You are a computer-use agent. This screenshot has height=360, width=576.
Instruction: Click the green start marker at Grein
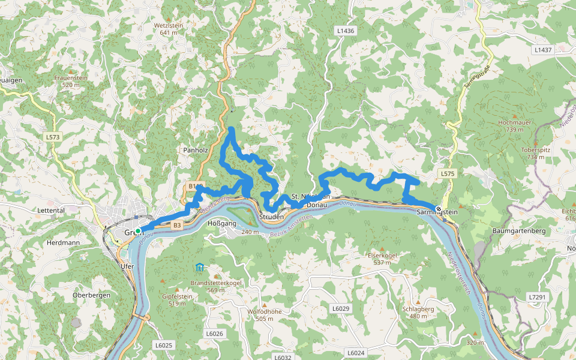(x=138, y=231)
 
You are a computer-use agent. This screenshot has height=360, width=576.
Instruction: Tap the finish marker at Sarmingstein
(x=439, y=209)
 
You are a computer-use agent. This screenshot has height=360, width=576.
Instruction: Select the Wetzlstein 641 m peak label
(x=169, y=29)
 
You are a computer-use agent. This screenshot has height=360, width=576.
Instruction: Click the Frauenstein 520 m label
(x=71, y=81)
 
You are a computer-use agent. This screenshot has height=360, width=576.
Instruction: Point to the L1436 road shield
(x=346, y=31)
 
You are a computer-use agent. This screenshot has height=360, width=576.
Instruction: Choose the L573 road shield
(x=53, y=137)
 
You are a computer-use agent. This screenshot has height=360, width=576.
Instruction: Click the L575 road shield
(x=448, y=174)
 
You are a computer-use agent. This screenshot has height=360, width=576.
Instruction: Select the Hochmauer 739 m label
(x=514, y=125)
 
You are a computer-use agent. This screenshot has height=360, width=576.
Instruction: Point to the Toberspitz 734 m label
(x=536, y=153)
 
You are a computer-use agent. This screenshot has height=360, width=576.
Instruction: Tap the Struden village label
(x=271, y=217)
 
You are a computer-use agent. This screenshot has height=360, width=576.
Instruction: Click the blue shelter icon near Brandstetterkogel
(x=199, y=267)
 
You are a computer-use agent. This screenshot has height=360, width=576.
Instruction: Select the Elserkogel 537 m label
(x=382, y=259)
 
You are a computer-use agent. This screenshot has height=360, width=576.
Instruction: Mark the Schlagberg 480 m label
(x=418, y=313)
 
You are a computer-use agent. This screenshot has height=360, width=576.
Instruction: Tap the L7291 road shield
(x=538, y=297)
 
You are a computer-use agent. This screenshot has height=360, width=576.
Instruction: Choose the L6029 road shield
(x=340, y=308)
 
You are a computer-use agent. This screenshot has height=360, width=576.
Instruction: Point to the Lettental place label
(x=51, y=211)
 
